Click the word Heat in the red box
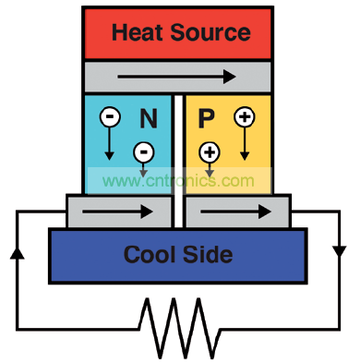pyautogui.click(x=138, y=32)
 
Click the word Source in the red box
pyautogui.click(x=210, y=32)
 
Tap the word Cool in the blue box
pyautogui.click(x=150, y=254)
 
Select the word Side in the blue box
pyautogui.click(x=208, y=254)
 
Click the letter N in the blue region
pyautogui.click(x=149, y=118)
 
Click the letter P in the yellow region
pyautogui.click(x=206, y=118)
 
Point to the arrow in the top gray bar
pyautogui.click(x=176, y=77)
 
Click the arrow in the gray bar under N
pyautogui.click(x=117, y=212)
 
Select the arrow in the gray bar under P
pyautogui.click(x=235, y=212)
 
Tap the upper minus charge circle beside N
pyautogui.click(x=110, y=116)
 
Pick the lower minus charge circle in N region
pyautogui.click(x=143, y=152)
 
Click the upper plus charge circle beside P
pyautogui.click(x=245, y=117)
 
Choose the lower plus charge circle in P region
pyautogui.click(x=210, y=152)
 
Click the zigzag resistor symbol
pyautogui.click(x=180, y=328)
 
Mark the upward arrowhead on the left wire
pyautogui.click(x=18, y=253)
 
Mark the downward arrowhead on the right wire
pyautogui.click(x=340, y=251)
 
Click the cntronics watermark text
pyautogui.click(x=178, y=181)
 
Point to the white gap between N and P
pyautogui.click(x=178, y=161)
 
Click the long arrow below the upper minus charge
pyautogui.click(x=109, y=143)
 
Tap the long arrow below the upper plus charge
pyautogui.click(x=245, y=144)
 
